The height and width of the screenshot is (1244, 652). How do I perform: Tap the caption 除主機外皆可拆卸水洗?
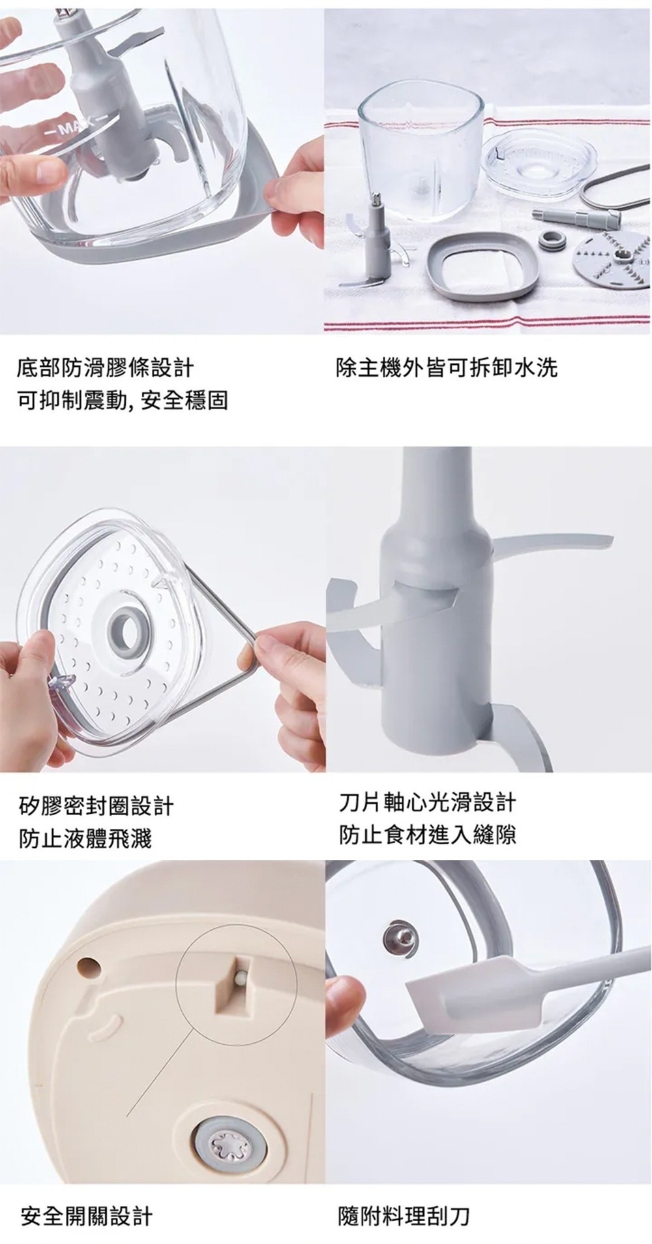tap(447, 368)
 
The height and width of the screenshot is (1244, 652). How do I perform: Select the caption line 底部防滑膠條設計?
tap(105, 368)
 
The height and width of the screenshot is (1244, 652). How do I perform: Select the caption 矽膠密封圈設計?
tap(96, 806)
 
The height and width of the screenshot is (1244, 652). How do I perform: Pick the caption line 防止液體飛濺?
tap(85, 838)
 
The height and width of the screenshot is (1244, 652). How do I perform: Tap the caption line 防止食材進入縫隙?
tap(428, 834)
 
